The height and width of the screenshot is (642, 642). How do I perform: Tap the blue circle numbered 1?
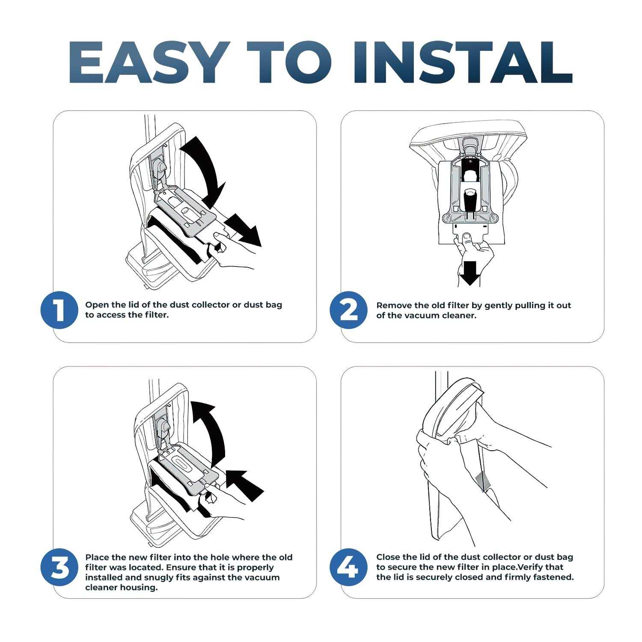click(x=59, y=310)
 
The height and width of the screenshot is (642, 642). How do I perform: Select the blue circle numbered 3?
click(x=59, y=567)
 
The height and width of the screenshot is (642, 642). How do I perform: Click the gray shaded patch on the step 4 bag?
click(x=483, y=481)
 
